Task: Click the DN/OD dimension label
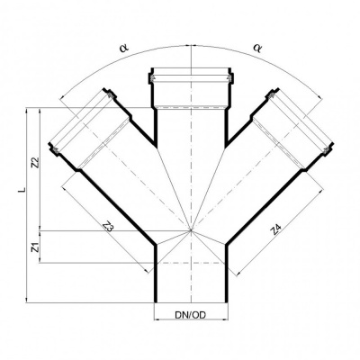191,315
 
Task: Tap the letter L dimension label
21,190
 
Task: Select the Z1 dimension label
34,247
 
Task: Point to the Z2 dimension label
35,162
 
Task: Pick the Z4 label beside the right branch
275,229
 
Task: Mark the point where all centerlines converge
191,230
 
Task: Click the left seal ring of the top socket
151,78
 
